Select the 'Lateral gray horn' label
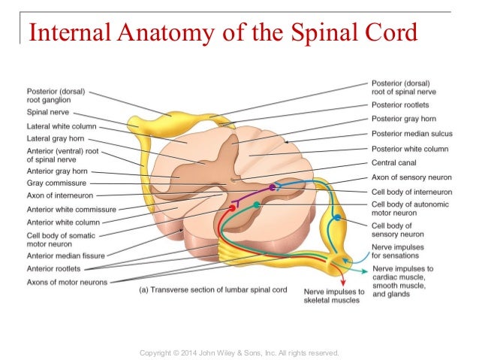[54, 138]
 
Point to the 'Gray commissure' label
[56, 183]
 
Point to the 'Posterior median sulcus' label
[416, 133]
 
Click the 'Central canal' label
[396, 162]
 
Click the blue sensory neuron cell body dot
[338, 217]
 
